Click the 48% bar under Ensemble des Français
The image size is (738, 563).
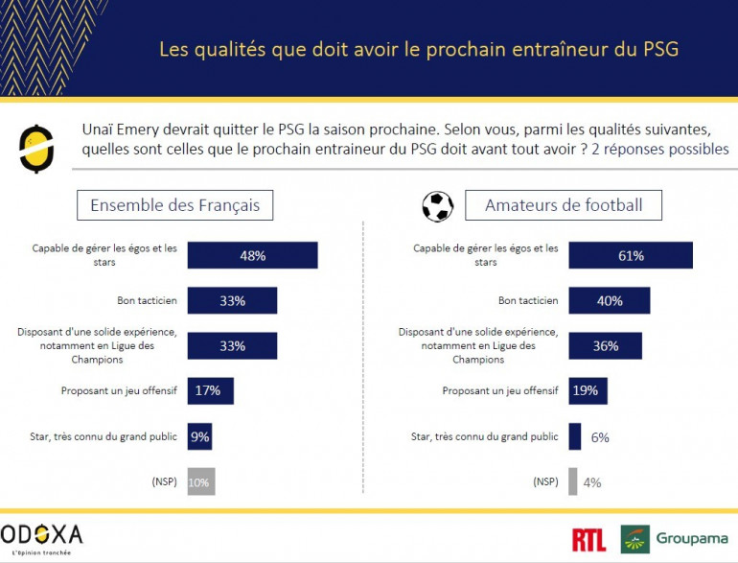pyautogui.click(x=252, y=255)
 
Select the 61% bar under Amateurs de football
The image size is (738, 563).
pyautogui.click(x=630, y=255)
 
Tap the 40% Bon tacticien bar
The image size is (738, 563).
pyautogui.click(x=610, y=300)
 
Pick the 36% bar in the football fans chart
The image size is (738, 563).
pyautogui.click(x=605, y=345)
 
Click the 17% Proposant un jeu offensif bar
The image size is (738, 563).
pyautogui.click(x=210, y=390)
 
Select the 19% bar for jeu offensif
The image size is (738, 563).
pyautogui.click(x=588, y=390)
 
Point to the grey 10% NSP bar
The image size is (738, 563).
pyautogui.click(x=200, y=481)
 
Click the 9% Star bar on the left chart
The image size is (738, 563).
pyautogui.click(x=199, y=436)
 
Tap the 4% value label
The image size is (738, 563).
pyautogui.click(x=592, y=482)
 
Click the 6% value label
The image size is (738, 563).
pyautogui.click(x=598, y=437)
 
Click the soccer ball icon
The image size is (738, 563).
pyautogui.click(x=437, y=205)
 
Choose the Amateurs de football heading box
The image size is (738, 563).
pyautogui.click(x=563, y=205)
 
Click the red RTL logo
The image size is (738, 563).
pyautogui.click(x=588, y=539)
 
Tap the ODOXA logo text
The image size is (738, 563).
pyautogui.click(x=42, y=534)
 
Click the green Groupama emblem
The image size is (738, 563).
pyautogui.click(x=634, y=539)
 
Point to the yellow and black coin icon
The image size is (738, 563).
pyautogui.click(x=36, y=148)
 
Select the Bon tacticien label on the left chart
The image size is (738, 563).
pyautogui.click(x=147, y=300)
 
